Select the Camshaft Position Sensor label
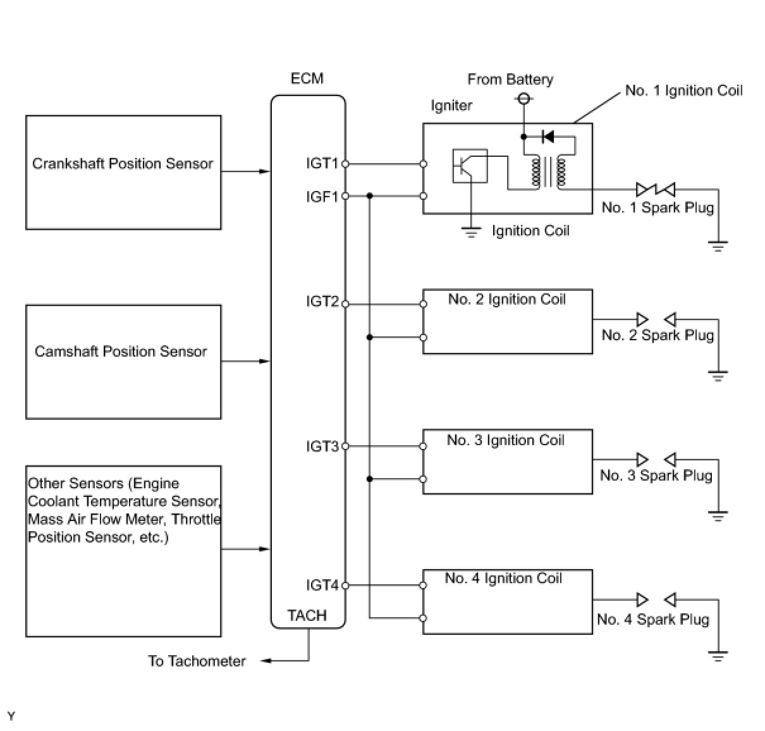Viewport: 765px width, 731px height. coord(121,352)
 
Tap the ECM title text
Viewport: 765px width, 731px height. coord(307,78)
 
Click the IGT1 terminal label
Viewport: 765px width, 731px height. coord(322,164)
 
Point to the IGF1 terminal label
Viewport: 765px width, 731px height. coord(322,196)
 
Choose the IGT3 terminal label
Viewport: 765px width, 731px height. coord(322,446)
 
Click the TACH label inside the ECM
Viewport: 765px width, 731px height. coord(307,615)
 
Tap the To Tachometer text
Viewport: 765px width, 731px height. coord(197,661)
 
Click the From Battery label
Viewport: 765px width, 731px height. coord(510,80)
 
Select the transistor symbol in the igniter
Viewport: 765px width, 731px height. coord(470,166)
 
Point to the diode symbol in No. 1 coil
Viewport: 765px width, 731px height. coord(548,137)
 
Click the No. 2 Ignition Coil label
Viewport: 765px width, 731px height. coord(506,300)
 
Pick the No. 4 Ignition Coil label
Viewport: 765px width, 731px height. coord(503,579)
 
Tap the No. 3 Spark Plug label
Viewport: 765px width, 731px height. coord(656,476)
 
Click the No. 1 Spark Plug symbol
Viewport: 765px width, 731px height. coord(656,190)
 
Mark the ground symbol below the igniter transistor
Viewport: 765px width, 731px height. coord(471,233)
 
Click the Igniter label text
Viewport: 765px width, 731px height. coord(451,106)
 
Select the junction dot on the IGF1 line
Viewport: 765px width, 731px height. coord(369,196)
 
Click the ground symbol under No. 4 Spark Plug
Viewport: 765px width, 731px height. coord(718,656)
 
